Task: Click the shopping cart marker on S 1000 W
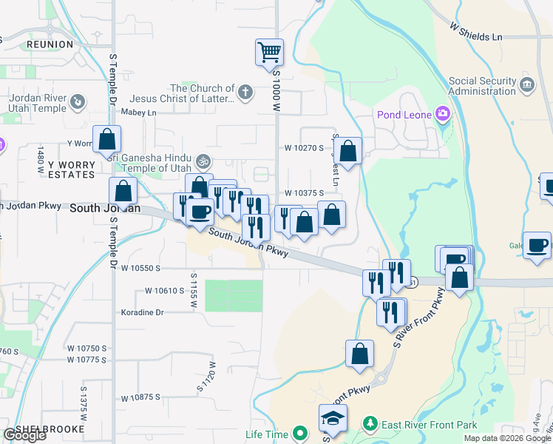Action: click(x=270, y=53)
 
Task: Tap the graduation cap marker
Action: click(x=333, y=419)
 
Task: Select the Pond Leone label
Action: click(x=404, y=114)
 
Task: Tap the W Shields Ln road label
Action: click(x=475, y=30)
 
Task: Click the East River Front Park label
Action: click(x=429, y=425)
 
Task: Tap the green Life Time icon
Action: click(x=299, y=433)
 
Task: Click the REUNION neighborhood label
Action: click(x=50, y=44)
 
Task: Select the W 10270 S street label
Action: click(x=305, y=147)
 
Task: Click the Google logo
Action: click(x=24, y=435)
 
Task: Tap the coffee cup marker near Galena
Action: click(x=537, y=244)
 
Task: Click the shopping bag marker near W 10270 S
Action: click(x=349, y=151)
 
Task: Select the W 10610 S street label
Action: click(x=164, y=291)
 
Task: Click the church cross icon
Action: click(x=245, y=92)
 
